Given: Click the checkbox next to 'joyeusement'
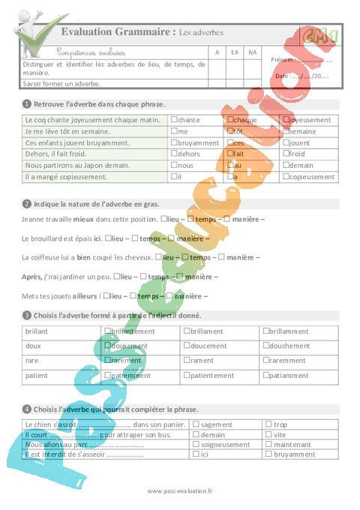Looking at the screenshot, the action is (285, 119).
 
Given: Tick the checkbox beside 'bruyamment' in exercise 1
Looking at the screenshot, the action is (175, 142).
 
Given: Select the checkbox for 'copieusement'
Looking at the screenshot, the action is (285, 176).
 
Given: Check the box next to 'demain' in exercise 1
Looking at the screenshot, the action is (285, 165).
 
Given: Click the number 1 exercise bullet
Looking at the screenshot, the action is (27, 103).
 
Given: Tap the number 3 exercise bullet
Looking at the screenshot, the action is (27, 315).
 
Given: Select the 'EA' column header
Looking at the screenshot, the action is (235, 52).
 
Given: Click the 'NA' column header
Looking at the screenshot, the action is (253, 52).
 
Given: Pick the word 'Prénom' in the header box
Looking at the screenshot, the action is (281, 60).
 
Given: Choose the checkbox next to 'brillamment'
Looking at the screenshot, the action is (266, 330).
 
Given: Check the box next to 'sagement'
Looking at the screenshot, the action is (196, 424).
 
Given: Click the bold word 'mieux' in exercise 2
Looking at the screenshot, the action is (83, 219).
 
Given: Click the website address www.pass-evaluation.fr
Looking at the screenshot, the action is (180, 490).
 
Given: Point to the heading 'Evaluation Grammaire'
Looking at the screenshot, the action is (118, 32).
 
